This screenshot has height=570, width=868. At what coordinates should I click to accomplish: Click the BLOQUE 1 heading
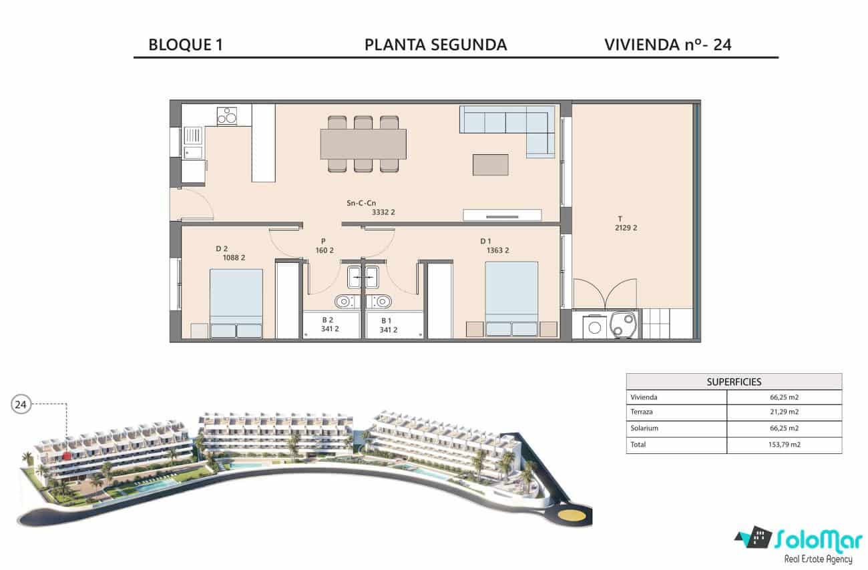[x=185, y=45]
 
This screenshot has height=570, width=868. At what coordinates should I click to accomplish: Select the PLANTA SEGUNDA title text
[x=435, y=45]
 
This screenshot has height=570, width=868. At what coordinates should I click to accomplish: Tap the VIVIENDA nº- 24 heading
[x=668, y=45]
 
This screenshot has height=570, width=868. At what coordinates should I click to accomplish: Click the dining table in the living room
[x=363, y=144]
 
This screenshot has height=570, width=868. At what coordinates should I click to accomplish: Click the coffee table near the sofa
[x=490, y=165]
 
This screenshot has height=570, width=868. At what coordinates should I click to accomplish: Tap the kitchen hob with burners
[x=227, y=116]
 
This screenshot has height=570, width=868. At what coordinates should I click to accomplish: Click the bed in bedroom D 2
[x=236, y=302]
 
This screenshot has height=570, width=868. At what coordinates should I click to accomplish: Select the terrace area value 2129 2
[x=626, y=228]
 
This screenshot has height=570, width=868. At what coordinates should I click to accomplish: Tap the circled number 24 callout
[x=21, y=404]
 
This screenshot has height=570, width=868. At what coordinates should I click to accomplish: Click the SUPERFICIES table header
[x=734, y=382]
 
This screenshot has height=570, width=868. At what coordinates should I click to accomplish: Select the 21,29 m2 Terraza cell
[x=784, y=412]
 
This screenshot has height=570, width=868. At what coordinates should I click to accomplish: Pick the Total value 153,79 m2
[x=784, y=445]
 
